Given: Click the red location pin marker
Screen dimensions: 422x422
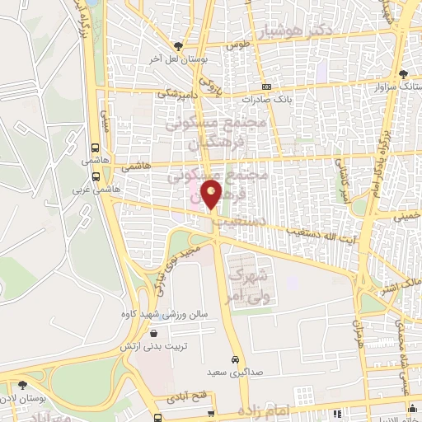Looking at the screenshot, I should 213,195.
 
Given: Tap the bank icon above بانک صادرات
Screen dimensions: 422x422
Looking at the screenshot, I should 266,87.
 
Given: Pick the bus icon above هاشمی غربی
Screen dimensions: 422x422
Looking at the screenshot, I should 97,175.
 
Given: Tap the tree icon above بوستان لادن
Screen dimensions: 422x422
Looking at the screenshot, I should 21,384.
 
